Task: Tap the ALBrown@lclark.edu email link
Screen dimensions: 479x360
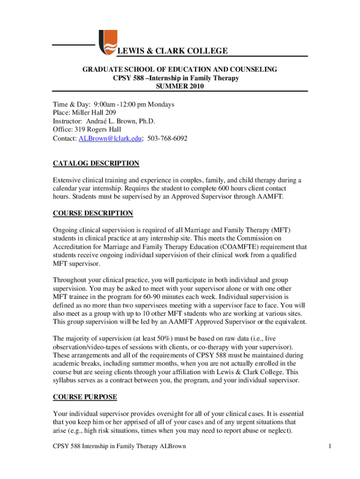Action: [x=110, y=139]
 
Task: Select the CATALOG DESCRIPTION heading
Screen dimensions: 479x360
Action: [x=96, y=163]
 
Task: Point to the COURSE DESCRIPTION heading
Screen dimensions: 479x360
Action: [x=93, y=213]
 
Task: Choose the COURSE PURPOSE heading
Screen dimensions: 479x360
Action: [x=85, y=397]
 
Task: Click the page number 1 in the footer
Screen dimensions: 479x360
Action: [x=330, y=446]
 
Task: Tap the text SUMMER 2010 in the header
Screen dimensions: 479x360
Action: [x=180, y=87]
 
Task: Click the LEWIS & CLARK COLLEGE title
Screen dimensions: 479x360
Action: [x=172, y=51]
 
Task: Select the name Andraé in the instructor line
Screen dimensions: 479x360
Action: [x=97, y=121]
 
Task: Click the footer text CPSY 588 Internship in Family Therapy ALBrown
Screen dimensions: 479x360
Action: [x=119, y=446]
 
